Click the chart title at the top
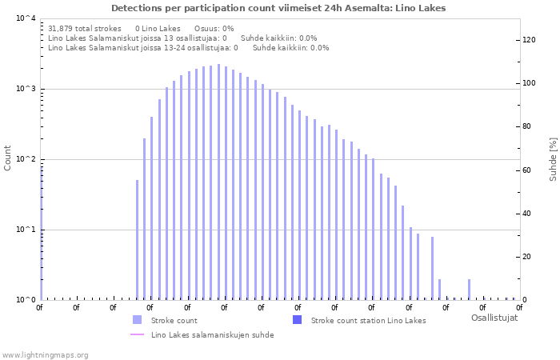click(x=278, y=8)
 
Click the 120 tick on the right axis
click(x=529, y=40)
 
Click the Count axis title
click(x=8, y=158)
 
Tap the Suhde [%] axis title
click(x=552, y=158)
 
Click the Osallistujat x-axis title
click(x=494, y=318)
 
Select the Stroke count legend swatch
click(x=137, y=320)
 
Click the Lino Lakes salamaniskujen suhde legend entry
click(x=212, y=335)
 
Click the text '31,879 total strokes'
click(x=85, y=28)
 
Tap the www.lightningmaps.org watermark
click(x=45, y=354)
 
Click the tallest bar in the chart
click(x=218, y=182)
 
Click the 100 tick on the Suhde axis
click(x=529, y=83)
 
